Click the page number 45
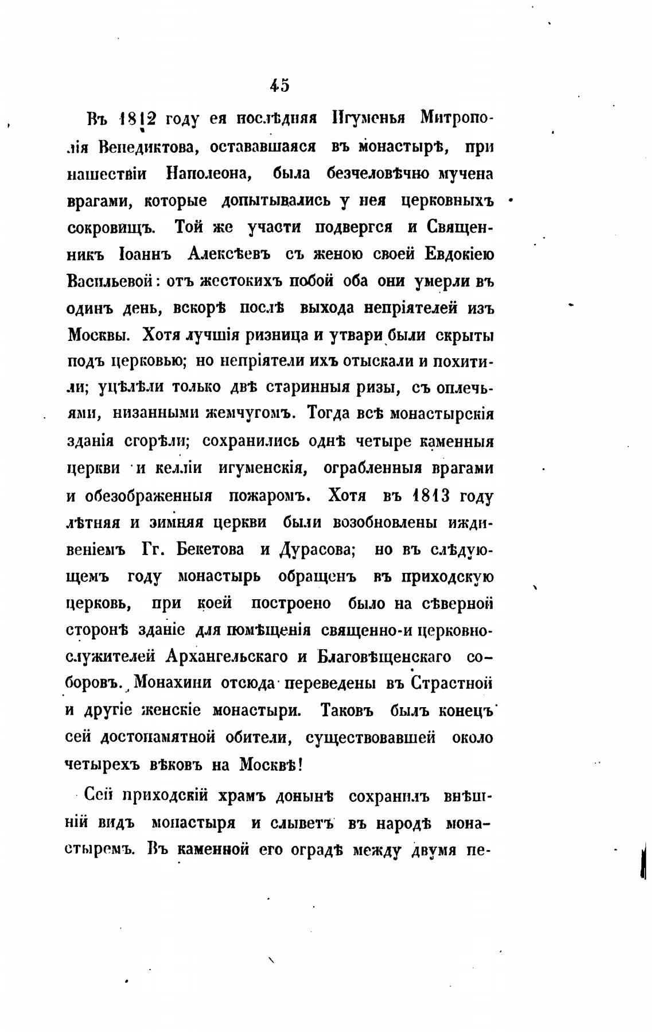(x=280, y=86)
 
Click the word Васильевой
(x=110, y=281)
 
